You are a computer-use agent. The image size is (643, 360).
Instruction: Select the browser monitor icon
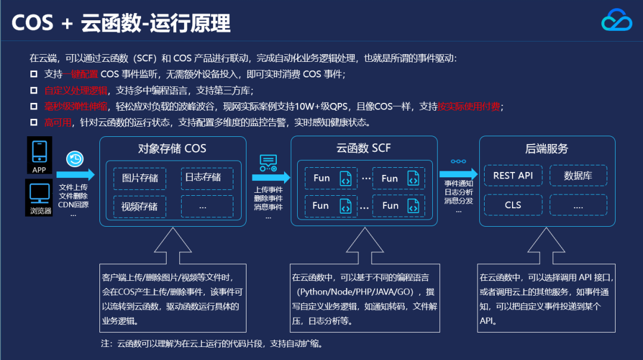coord(39,193)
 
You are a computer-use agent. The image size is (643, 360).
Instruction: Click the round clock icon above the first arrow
coord(75,159)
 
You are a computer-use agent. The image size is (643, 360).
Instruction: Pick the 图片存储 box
coord(140,178)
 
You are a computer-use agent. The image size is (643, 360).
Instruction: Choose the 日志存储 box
coord(203,177)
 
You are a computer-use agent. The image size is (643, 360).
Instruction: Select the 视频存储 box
coord(140,206)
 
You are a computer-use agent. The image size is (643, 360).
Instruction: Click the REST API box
coord(513,176)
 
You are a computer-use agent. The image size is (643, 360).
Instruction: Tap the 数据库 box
coord(578,176)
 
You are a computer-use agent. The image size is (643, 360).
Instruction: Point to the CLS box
coord(513,205)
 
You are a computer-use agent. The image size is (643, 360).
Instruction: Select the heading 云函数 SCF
coord(364,148)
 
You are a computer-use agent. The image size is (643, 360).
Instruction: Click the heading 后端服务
coord(547,149)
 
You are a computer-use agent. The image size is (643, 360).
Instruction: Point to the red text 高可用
coord(58,123)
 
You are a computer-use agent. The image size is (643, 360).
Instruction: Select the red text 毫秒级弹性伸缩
coord(76,107)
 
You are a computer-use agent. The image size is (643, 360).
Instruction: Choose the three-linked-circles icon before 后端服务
coord(458,161)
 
